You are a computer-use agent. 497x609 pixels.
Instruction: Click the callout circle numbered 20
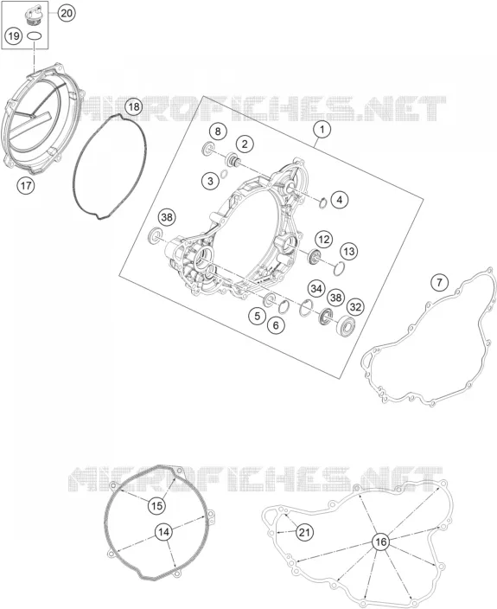coord(67,13)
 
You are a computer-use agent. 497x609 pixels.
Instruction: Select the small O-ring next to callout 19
coord(35,36)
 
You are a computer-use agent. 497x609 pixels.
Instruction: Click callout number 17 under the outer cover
coord(26,186)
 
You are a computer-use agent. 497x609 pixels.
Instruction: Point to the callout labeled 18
coord(133,106)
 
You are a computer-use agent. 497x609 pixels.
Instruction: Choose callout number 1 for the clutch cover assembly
coord(322,130)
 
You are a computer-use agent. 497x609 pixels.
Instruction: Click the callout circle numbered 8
coord(218,131)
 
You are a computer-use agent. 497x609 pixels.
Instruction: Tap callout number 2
coord(245,144)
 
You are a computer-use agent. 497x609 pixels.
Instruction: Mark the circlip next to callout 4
coord(323,202)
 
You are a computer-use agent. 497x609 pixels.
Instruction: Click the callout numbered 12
coord(323,240)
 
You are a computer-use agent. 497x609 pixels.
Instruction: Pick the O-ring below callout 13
coord(339,268)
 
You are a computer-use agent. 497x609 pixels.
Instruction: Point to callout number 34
coord(316,289)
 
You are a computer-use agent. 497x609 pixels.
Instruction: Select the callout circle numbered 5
coord(258,316)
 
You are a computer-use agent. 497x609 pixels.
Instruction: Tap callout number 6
coord(276,324)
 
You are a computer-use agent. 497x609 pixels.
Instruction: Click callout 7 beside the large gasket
coord(439,282)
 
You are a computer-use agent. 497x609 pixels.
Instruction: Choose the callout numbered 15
coord(156,506)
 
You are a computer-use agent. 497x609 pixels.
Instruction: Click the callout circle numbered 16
coord(381,542)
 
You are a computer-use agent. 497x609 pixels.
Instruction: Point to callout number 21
coord(304,532)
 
